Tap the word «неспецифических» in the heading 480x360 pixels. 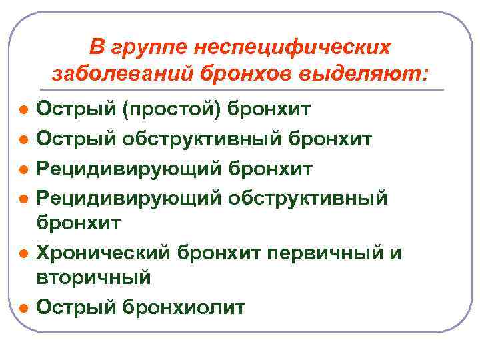pos(291,47)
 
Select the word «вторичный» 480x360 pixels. pos(94,277)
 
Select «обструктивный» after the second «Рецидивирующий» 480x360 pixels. pos(307,199)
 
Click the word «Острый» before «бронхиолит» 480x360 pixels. pos(71,307)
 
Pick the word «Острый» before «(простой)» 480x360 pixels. pos(71,109)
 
